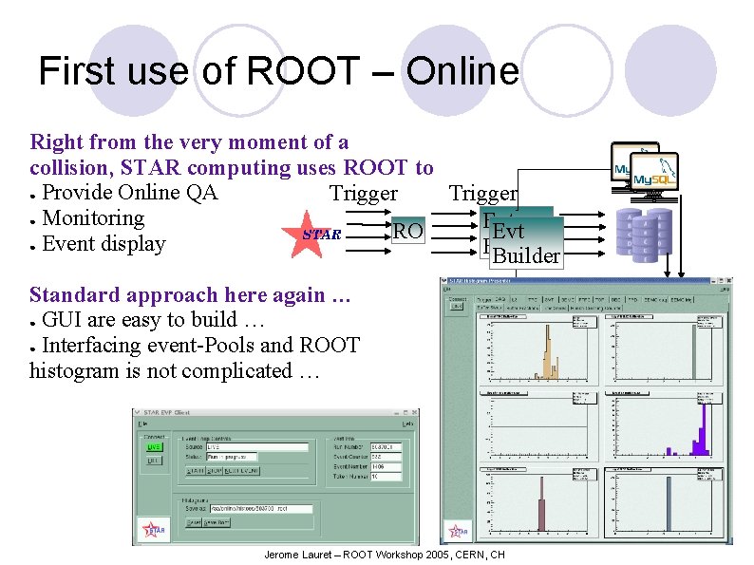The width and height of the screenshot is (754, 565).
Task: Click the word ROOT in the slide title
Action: click(303, 71)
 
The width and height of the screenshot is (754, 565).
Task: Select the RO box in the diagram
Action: click(407, 231)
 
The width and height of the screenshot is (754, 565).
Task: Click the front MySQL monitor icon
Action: click(655, 176)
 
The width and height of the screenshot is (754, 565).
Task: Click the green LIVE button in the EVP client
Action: click(154, 445)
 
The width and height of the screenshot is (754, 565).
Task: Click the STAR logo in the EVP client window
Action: click(153, 528)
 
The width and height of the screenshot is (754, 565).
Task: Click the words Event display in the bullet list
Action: click(104, 244)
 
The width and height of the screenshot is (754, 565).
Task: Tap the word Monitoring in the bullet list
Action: click(93, 218)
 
